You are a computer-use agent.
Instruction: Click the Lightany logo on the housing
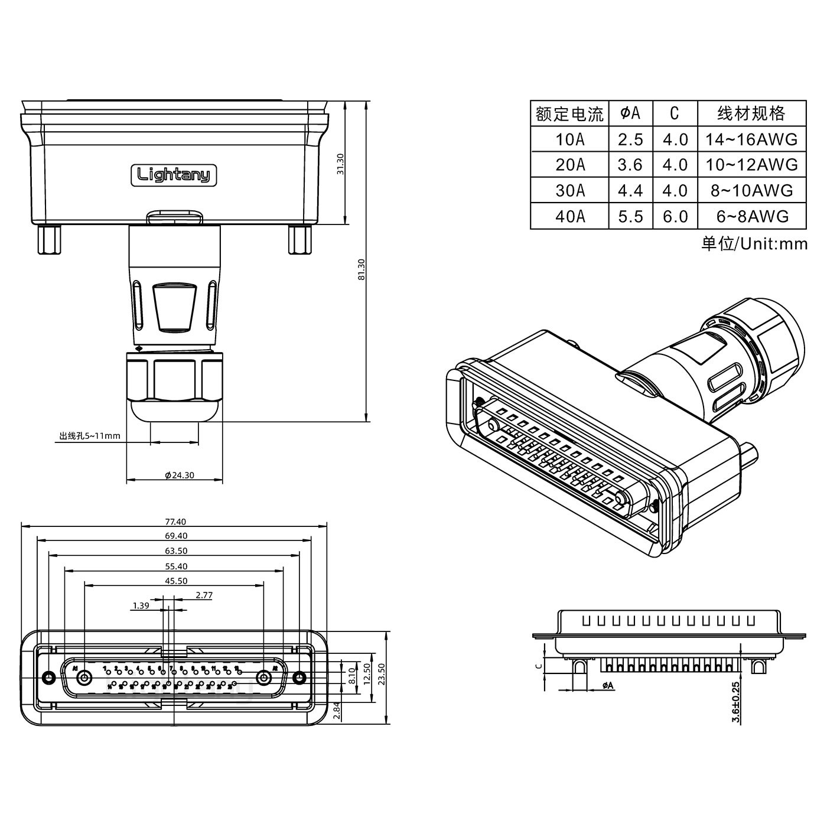point(174,175)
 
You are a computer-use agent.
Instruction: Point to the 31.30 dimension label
point(340,164)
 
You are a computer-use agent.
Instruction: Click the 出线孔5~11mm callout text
point(90,437)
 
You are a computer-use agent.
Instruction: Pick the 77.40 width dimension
point(175,522)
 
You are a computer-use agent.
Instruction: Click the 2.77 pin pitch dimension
point(204,595)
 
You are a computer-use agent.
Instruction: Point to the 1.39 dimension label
point(141,605)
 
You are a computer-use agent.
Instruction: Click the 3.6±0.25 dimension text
point(735,702)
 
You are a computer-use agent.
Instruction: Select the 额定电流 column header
point(569,113)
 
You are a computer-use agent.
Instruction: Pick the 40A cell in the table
point(569,216)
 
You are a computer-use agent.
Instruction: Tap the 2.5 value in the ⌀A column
point(630,139)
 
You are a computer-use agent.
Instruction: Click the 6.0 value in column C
point(675,216)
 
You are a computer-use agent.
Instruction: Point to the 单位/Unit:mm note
point(754,243)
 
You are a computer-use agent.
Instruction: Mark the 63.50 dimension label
point(174,551)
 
